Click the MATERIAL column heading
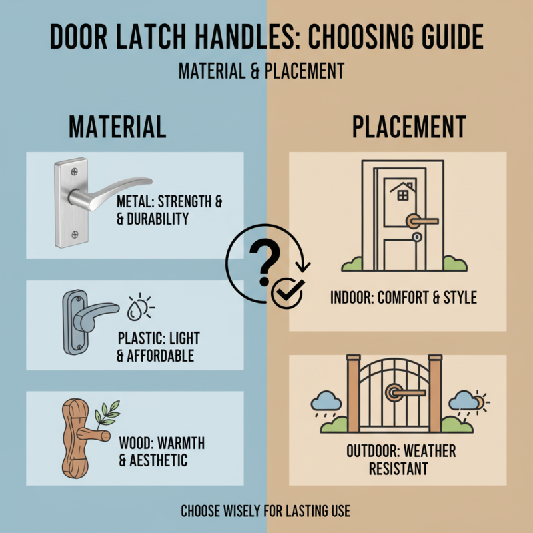pyautogui.click(x=117, y=127)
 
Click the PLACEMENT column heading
pyautogui.click(x=409, y=127)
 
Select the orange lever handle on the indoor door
pyautogui.click(x=422, y=219)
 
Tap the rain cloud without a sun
pyautogui.click(x=326, y=402)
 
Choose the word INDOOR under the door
pyautogui.click(x=351, y=298)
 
